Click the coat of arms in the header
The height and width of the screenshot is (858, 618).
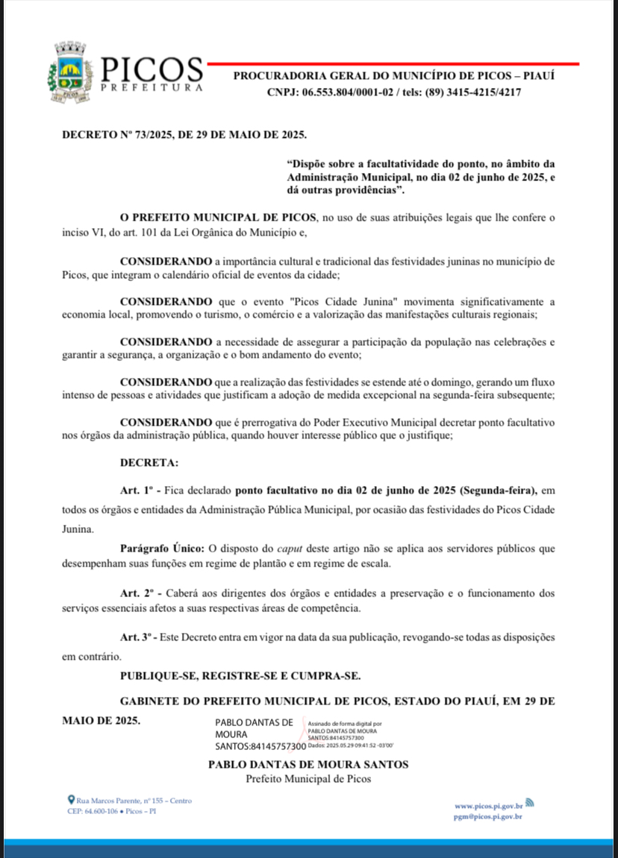pyautogui.click(x=72, y=72)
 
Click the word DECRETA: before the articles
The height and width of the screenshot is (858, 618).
pyautogui.click(x=149, y=463)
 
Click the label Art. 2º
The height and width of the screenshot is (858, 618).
pyautogui.click(x=137, y=593)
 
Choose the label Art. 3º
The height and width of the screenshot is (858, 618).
pyautogui.click(x=137, y=639)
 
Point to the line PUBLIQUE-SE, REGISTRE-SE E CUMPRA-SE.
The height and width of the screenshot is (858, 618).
pyautogui.click(x=240, y=676)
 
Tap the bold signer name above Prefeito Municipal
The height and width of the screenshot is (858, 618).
pyautogui.click(x=308, y=764)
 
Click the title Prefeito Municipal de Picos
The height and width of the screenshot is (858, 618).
pyautogui.click(x=308, y=779)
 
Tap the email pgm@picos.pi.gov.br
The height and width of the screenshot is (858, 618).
pyautogui.click(x=487, y=817)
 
